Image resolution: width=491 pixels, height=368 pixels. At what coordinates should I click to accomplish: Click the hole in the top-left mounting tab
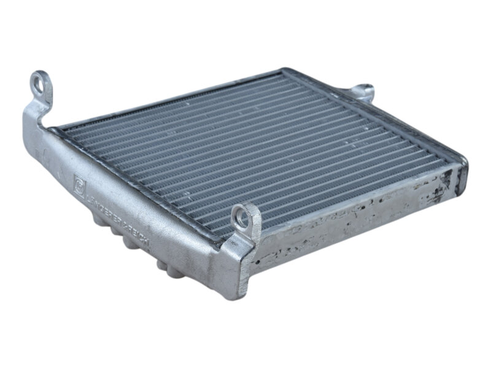coord(40,84)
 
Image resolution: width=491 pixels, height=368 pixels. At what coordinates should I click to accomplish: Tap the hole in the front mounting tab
coord(242,215)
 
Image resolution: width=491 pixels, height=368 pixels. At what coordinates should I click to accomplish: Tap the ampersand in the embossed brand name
coord(123,223)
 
